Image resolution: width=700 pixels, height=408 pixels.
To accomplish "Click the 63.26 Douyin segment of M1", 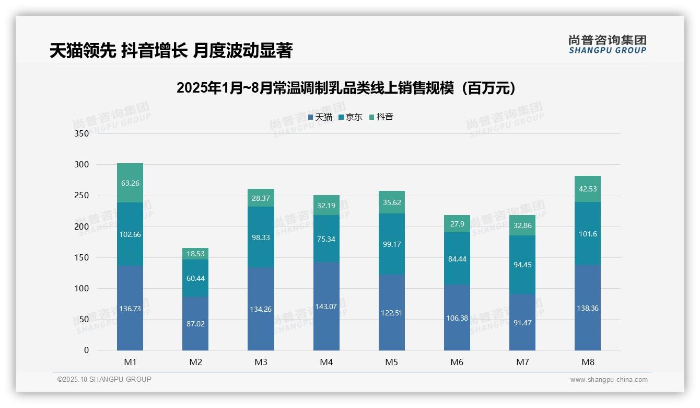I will click(130, 183).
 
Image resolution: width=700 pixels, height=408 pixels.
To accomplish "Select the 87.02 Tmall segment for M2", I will click(195, 324).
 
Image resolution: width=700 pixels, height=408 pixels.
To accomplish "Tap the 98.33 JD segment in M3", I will click(261, 237).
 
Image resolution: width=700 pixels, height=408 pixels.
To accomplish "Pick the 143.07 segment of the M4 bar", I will click(326, 307).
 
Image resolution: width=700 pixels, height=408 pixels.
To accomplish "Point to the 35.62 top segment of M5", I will click(391, 202).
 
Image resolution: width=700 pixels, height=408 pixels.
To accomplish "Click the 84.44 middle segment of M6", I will click(457, 258).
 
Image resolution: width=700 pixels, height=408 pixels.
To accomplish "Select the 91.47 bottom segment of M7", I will click(522, 322).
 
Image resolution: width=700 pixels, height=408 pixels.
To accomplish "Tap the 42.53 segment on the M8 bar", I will click(587, 189).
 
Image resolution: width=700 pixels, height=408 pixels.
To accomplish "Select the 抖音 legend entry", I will click(381, 117).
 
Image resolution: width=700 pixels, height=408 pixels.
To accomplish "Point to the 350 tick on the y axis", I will click(82, 133).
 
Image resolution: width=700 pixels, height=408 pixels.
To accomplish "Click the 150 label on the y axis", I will click(82, 257).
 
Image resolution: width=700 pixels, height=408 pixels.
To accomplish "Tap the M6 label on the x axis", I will click(457, 362).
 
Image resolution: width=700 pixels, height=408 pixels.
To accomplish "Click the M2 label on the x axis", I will click(195, 362).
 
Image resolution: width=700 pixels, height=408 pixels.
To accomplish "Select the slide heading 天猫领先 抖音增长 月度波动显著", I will click(171, 50).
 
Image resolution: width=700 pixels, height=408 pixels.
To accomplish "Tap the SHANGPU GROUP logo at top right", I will click(607, 44).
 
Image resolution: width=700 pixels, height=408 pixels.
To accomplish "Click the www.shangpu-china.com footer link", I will click(609, 380).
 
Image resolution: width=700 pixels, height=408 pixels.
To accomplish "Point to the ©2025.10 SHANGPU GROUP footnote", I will click(104, 379).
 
